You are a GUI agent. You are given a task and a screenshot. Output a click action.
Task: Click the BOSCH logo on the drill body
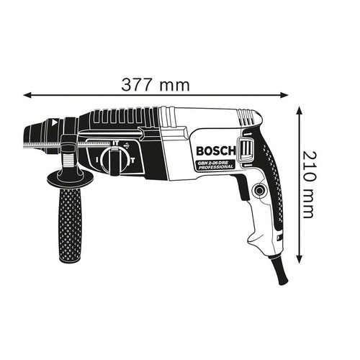tap(215, 151)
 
